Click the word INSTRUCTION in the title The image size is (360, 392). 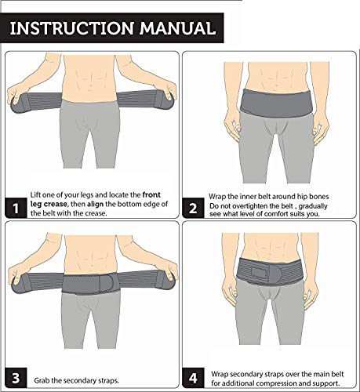pos(72,28)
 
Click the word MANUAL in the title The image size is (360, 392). pos(178,28)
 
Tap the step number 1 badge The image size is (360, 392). pos(16,208)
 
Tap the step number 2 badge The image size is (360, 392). pos(193,209)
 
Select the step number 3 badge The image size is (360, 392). pos(16,378)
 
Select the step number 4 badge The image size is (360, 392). pos(193,378)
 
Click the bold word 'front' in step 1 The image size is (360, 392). pos(151,195)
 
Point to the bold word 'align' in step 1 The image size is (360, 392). pos(95,204)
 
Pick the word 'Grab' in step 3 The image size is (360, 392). pos(42,380)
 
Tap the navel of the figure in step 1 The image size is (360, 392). pos(91,86)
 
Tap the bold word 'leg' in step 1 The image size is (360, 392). pos(35,205)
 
